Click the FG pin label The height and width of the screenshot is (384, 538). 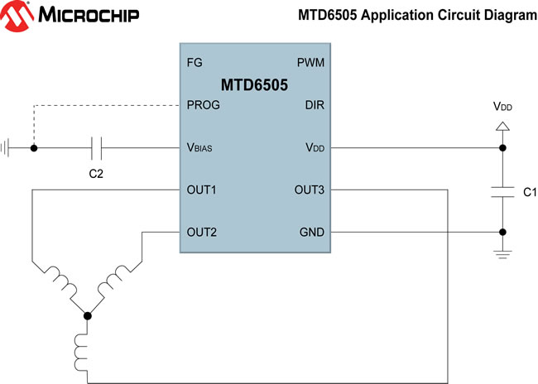coord(195,63)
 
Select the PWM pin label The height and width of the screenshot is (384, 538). coord(310,63)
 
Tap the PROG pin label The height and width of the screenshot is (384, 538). coord(204,105)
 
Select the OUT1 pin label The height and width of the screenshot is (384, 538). coord(202,190)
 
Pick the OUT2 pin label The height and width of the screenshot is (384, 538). coord(202,233)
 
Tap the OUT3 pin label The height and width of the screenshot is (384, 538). coord(310,190)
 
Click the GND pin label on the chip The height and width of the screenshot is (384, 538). coord(311,233)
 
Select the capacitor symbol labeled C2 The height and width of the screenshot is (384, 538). coord(96,148)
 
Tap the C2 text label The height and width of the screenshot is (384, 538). coord(96,175)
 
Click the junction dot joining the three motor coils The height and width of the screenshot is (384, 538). coord(88,314)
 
